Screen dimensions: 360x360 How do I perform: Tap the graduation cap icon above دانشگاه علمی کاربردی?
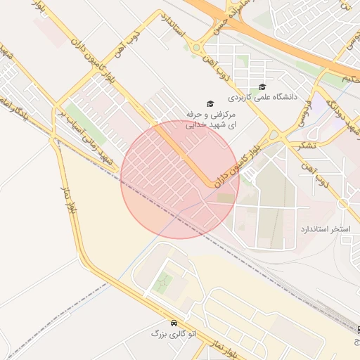(x=262, y=86)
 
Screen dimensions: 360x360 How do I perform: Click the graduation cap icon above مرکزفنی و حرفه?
(x=210, y=103)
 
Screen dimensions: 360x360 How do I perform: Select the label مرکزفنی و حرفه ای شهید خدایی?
(x=210, y=120)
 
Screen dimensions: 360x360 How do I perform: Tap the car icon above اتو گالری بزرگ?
(x=173, y=322)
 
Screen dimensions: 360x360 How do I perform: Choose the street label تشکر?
(x=307, y=145)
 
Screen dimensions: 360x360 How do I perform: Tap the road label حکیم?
(x=352, y=79)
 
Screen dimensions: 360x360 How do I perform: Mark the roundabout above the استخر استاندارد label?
(x=344, y=203)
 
